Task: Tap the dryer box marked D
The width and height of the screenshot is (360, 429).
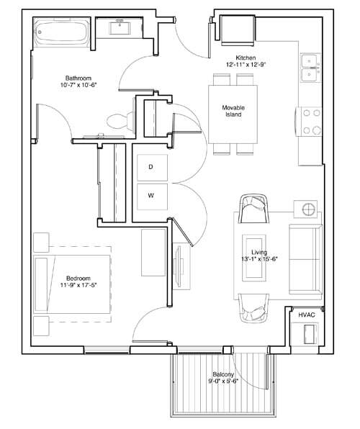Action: click(151, 167)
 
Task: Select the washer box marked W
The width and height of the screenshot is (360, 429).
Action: click(151, 194)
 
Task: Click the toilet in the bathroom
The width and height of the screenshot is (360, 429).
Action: click(120, 119)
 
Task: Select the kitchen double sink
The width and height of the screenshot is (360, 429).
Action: click(310, 67)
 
